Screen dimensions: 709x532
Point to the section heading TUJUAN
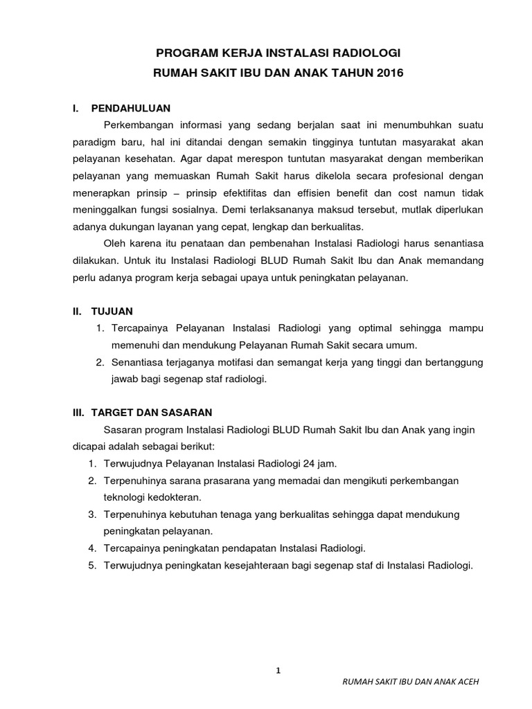116,312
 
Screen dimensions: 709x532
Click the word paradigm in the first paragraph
95,142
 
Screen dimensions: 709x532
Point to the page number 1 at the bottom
277,671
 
